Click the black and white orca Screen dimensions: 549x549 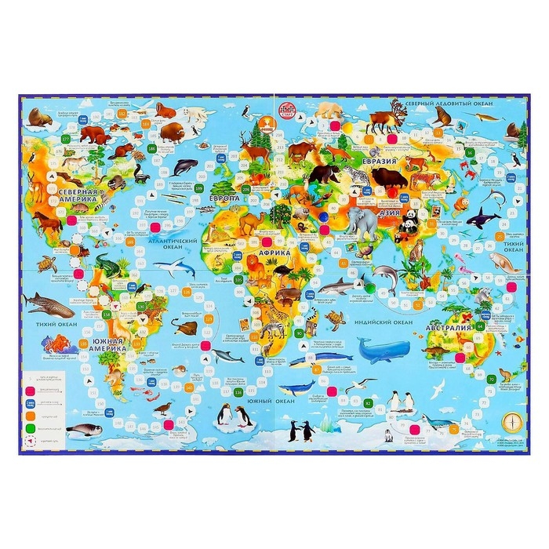[482, 217]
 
